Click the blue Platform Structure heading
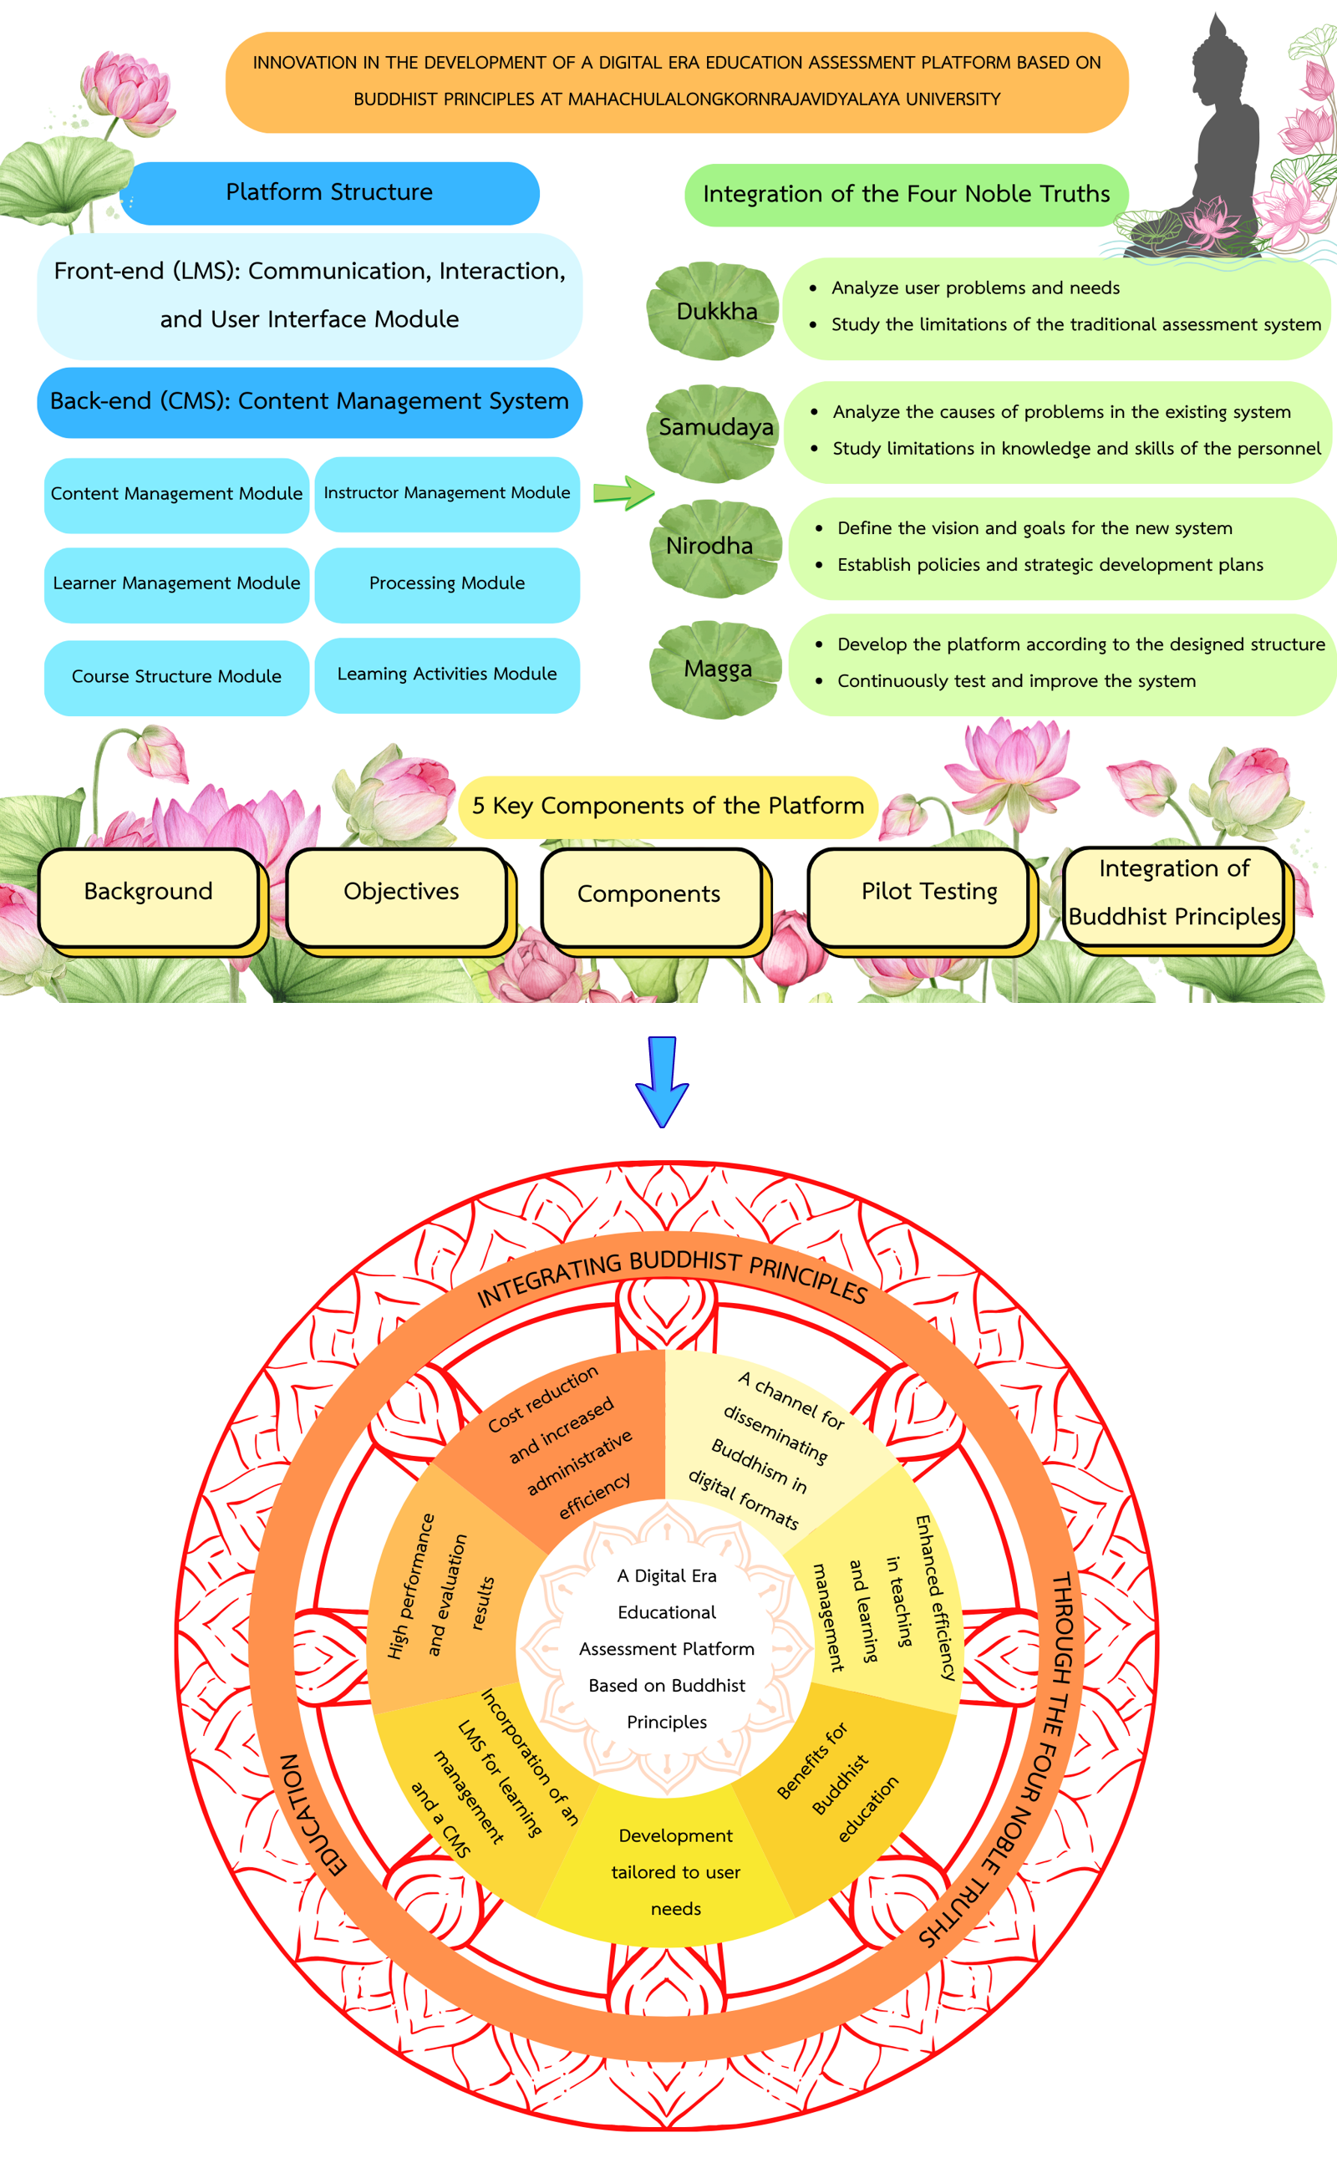[x=329, y=193]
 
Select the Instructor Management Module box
[x=446, y=493]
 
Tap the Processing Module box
[x=446, y=583]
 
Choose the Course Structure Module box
[x=176, y=676]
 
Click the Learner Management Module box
[x=176, y=583]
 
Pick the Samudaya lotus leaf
[x=714, y=431]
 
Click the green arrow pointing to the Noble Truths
[x=623, y=491]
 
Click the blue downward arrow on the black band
[x=662, y=1081]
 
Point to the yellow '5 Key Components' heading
[x=668, y=807]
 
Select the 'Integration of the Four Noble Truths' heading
[x=906, y=195]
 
